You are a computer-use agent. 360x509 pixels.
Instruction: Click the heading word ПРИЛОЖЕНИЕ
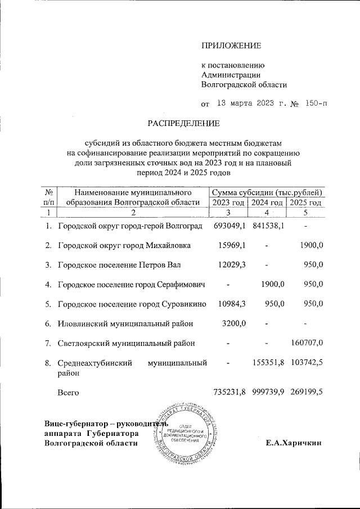(x=231, y=45)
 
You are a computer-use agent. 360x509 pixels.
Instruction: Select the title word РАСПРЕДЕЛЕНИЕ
(x=184, y=123)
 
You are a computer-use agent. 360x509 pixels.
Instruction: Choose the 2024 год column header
(x=267, y=202)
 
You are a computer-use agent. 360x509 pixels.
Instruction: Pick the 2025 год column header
(x=305, y=202)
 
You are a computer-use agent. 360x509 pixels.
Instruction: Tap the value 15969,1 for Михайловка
(x=232, y=245)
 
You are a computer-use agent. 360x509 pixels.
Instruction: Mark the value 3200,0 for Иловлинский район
(x=235, y=323)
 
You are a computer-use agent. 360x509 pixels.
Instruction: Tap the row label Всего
(x=68, y=391)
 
